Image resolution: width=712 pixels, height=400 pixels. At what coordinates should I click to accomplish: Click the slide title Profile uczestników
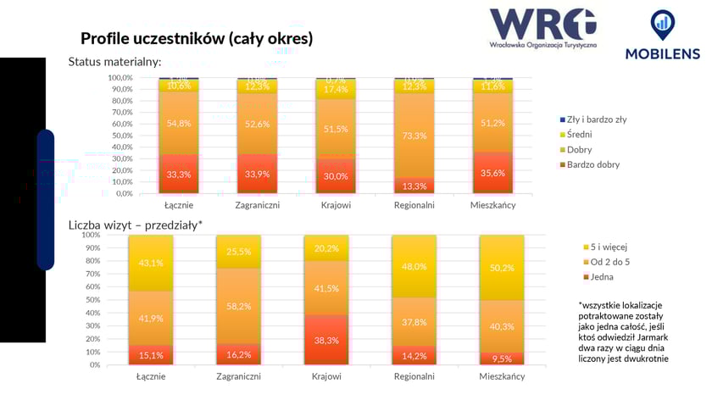pos(197,38)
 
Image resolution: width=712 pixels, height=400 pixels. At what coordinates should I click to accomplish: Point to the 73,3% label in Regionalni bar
pos(415,136)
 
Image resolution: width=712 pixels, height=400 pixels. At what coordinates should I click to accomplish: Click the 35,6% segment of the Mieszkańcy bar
pos(493,174)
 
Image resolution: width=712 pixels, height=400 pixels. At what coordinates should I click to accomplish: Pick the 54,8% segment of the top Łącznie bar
pos(179,123)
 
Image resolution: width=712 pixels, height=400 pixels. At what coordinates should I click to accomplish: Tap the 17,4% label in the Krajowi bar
pos(337,90)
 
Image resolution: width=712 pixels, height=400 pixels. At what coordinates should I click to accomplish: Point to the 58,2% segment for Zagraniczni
pos(239,305)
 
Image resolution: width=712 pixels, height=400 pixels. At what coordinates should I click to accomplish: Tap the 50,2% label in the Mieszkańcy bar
pos(501,269)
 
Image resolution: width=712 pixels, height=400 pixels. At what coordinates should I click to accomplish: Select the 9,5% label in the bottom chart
pos(501,358)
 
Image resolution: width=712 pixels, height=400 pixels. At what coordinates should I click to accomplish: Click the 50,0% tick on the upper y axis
pos(120,135)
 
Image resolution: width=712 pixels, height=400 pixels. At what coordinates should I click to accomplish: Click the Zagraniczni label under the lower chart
pos(239,376)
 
